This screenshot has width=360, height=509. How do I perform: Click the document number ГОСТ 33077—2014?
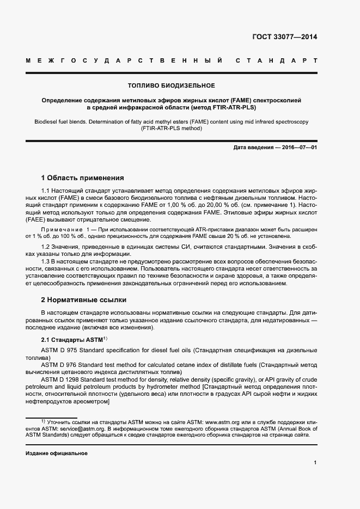[284, 38]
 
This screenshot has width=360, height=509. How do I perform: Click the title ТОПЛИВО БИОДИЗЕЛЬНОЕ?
[171, 85]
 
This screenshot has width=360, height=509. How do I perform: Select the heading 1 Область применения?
[83, 177]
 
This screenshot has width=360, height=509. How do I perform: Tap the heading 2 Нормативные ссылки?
[84, 299]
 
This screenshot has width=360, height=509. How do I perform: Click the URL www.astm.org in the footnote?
[222, 422]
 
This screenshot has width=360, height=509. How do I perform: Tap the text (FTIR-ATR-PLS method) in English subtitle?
[171, 128]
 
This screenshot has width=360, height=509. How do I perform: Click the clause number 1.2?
[46, 247]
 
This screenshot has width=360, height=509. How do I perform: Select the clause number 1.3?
[46, 262]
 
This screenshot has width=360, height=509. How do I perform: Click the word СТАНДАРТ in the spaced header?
[277, 60]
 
